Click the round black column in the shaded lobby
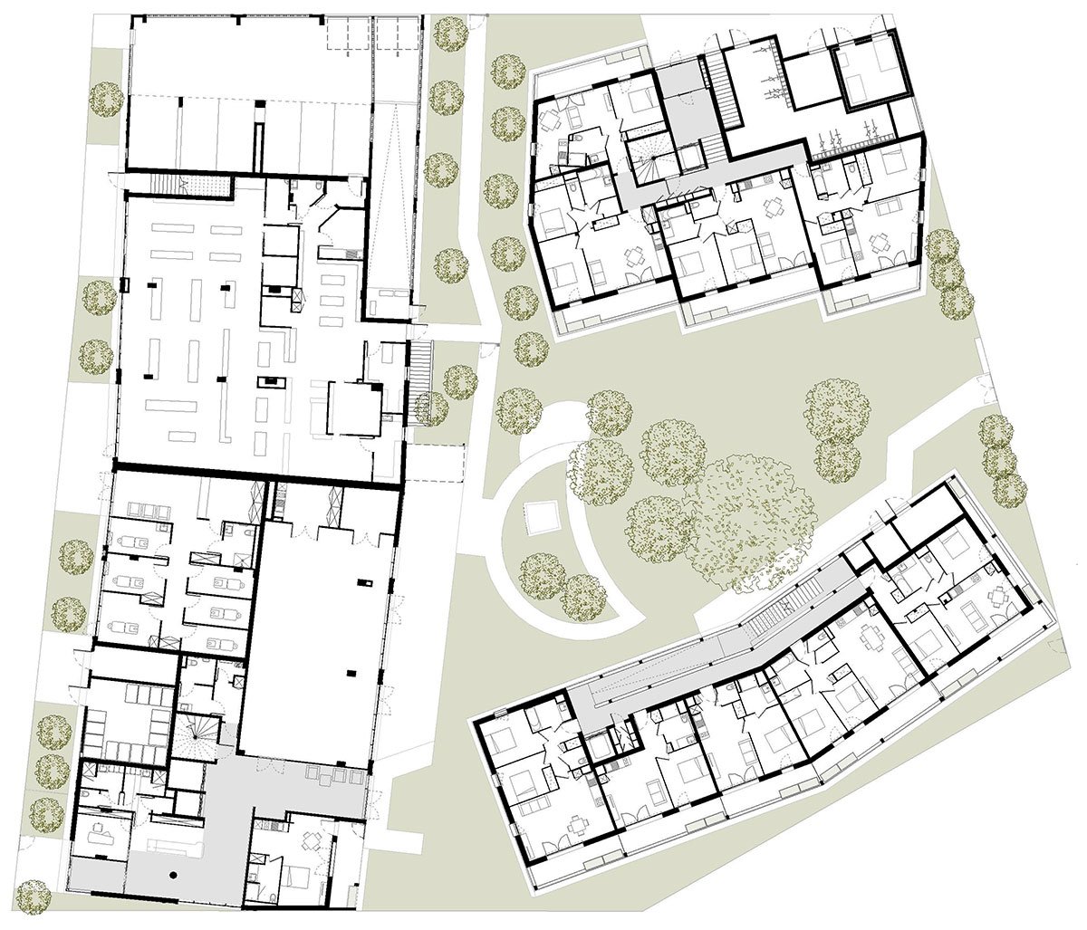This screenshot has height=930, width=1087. click(172, 875)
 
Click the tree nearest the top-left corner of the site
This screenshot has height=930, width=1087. click(107, 98)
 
